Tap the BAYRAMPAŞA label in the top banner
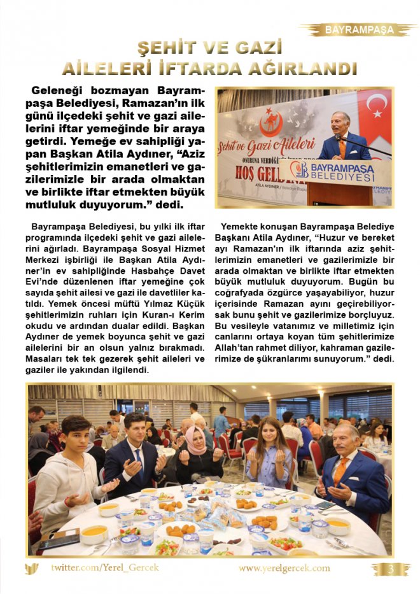point(358,29)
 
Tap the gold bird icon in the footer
point(32,569)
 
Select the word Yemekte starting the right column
point(243,227)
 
